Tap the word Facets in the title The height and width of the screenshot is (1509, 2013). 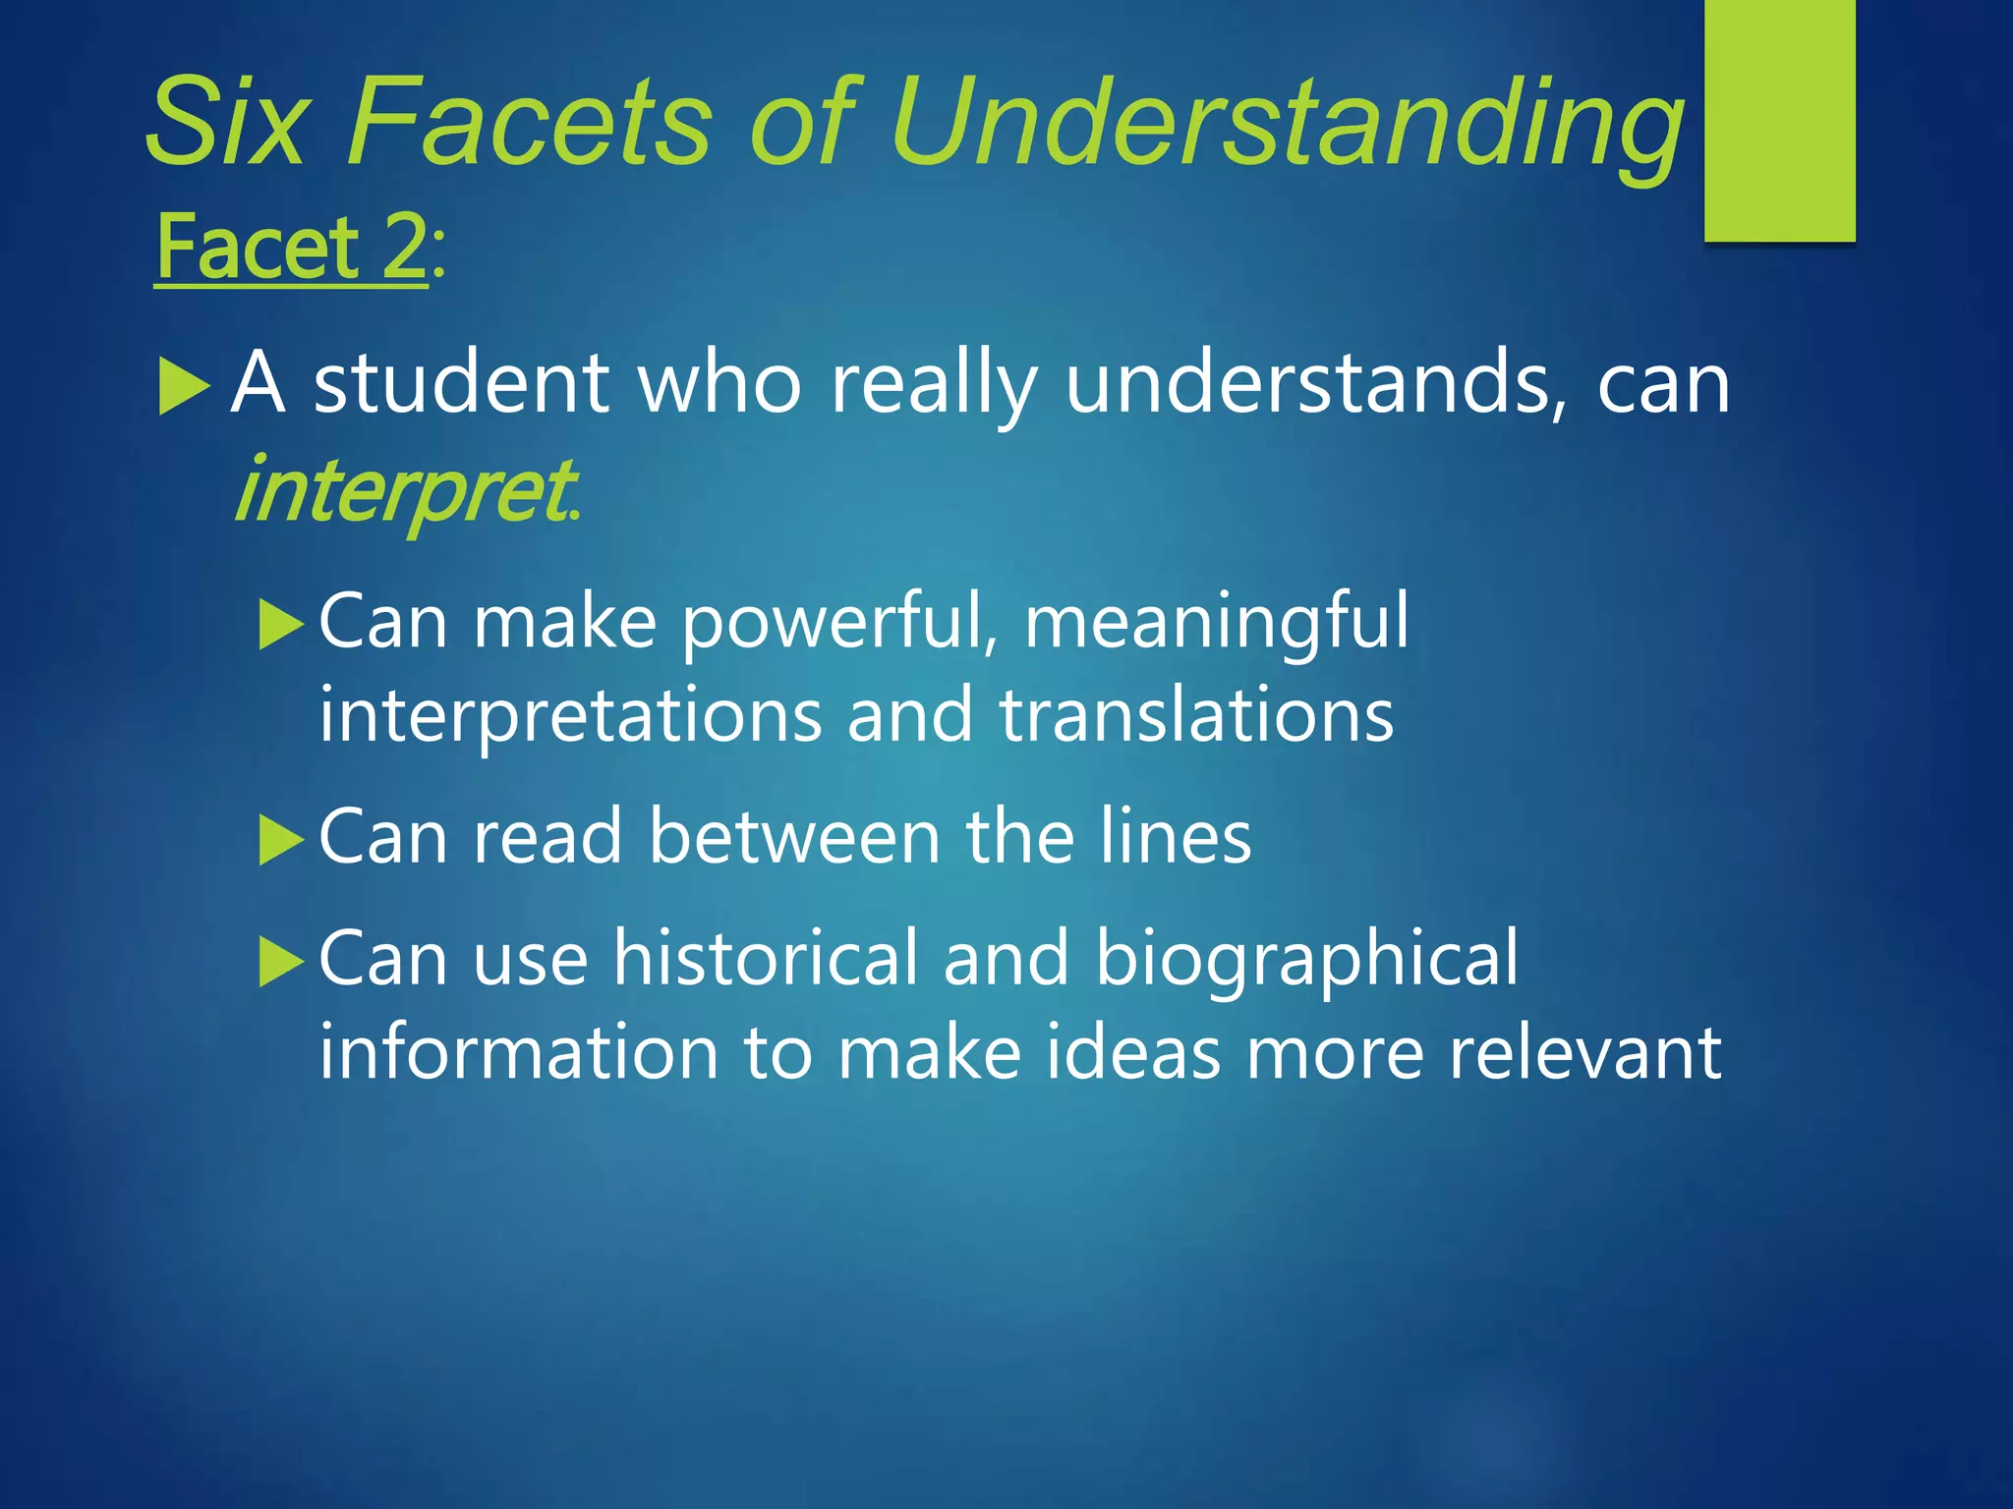(530, 123)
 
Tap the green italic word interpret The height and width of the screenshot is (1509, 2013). (404, 491)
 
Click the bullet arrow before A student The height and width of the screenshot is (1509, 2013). (184, 386)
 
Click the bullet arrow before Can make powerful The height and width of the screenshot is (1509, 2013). (281, 626)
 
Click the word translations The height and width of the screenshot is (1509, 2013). (1196, 715)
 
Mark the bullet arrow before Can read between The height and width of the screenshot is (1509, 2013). (281, 841)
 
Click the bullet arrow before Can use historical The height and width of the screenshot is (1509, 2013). (281, 961)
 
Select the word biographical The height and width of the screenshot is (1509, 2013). (1306, 959)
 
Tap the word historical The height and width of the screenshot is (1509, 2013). (766, 957)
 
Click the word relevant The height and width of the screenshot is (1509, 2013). (1584, 1052)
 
